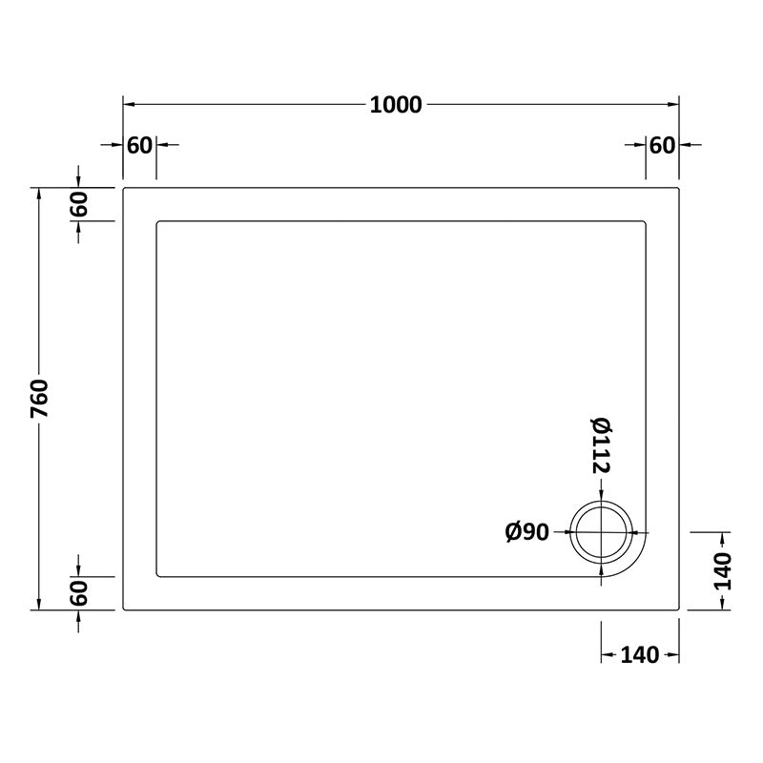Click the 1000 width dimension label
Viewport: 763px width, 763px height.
pyautogui.click(x=396, y=105)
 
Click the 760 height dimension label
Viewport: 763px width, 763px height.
pyautogui.click(x=39, y=398)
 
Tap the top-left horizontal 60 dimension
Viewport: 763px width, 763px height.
pyautogui.click(x=139, y=145)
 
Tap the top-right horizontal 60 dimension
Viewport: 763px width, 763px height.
pyautogui.click(x=662, y=145)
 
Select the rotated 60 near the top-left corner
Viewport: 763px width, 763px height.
pyautogui.click(x=79, y=204)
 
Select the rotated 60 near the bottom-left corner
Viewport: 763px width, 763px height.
pyautogui.click(x=79, y=592)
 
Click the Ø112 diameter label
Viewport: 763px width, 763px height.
pyautogui.click(x=601, y=445)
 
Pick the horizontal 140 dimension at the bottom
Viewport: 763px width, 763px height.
pyautogui.click(x=639, y=655)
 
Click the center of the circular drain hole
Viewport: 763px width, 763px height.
pyautogui.click(x=602, y=532)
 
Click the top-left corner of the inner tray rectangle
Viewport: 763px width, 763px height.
pyautogui.click(x=156, y=222)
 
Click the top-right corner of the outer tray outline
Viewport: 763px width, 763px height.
pyautogui.click(x=678, y=188)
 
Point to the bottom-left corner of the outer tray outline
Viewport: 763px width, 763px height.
pyautogui.click(x=124, y=609)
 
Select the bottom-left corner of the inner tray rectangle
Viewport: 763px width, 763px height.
pyautogui.click(x=156, y=576)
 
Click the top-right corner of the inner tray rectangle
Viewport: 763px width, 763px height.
pyautogui.click(x=646, y=222)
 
